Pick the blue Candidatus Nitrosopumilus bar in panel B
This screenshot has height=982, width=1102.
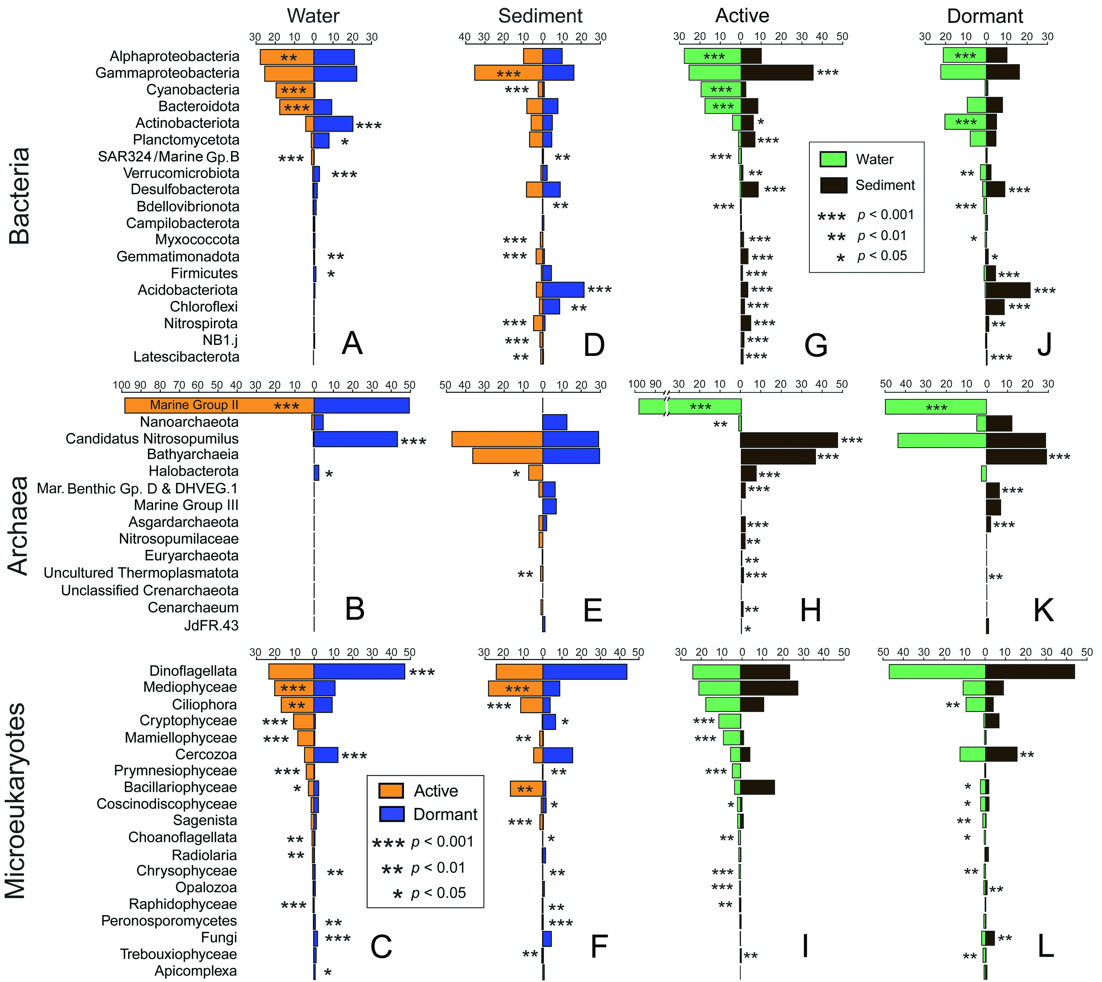coord(355,439)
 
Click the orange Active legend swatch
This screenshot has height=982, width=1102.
coord(391,791)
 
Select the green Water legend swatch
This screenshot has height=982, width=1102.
coord(833,159)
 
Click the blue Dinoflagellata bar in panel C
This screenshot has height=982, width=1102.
coord(359,671)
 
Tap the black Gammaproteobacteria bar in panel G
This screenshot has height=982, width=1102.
coord(776,73)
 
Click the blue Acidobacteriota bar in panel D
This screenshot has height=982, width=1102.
coord(563,290)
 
